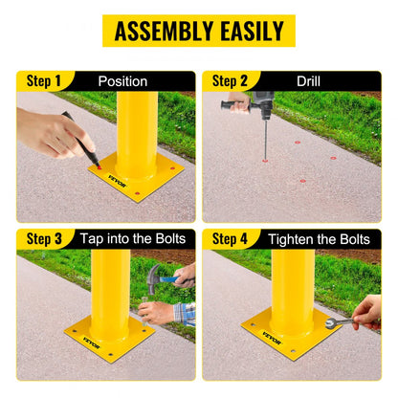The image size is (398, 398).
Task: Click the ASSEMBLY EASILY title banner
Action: click(199, 31)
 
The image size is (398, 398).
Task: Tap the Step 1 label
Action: click(45, 81)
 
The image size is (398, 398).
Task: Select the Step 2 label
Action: click(230, 81)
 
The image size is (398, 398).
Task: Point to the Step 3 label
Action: click(45, 238)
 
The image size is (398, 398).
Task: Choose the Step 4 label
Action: click(230, 238)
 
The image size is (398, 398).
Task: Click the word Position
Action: click(122, 81)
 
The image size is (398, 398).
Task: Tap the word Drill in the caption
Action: click(308, 81)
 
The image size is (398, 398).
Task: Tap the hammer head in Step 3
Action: click(157, 276)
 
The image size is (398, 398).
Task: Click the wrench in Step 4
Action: click(341, 323)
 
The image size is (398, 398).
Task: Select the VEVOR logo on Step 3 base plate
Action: click(80, 336)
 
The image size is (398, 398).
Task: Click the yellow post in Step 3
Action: click(111, 287)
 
